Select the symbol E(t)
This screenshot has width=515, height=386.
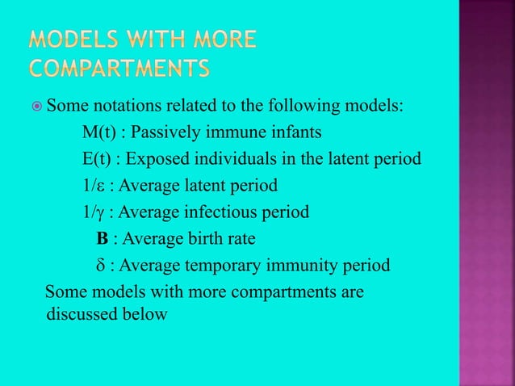tap(98, 159)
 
